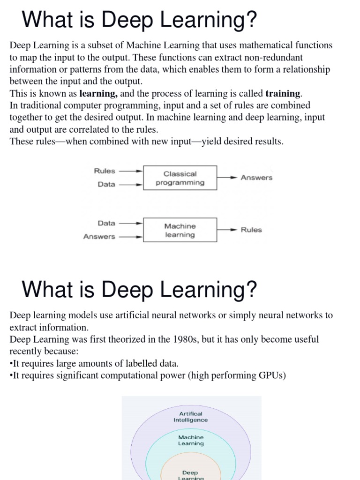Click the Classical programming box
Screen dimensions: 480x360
point(180,178)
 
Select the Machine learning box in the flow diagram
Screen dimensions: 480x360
point(180,230)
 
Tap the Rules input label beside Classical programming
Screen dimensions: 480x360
point(105,171)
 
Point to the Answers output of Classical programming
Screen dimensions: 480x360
point(256,178)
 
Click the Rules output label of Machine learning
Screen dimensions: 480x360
point(251,230)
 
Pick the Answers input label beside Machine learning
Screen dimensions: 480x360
point(99,237)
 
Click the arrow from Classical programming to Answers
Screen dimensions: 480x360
point(227,178)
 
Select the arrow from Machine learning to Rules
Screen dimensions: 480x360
point(227,230)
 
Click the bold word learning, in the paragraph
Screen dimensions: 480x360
point(99,93)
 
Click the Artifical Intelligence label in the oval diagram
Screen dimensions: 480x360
point(191,417)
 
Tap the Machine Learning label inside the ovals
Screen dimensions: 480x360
point(191,440)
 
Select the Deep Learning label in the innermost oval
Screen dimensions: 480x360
point(191,475)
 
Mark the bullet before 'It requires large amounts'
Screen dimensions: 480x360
point(11,364)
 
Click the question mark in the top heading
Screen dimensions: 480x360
point(252,20)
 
